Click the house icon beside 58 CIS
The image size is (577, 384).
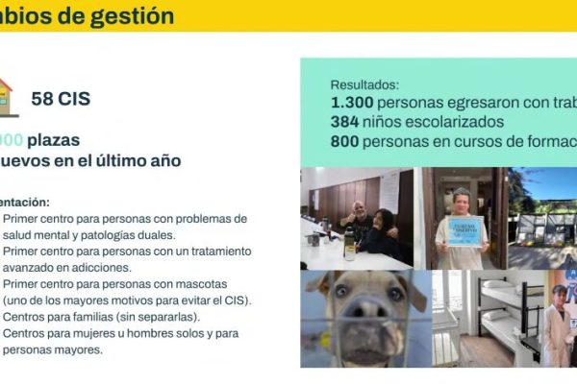click(x=6, y=96)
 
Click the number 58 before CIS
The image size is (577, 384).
click(x=41, y=98)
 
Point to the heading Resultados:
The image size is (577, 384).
click(x=364, y=84)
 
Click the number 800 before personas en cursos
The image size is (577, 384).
click(x=346, y=141)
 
